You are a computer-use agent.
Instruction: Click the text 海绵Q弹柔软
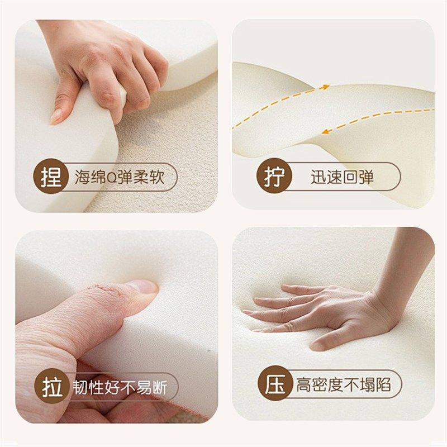(x=120, y=178)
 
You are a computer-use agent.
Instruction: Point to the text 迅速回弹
(x=342, y=178)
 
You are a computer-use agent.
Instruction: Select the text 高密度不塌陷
(x=343, y=385)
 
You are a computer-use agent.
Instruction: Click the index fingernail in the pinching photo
(x=56, y=116)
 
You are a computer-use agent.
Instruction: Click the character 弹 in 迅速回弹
(x=367, y=178)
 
